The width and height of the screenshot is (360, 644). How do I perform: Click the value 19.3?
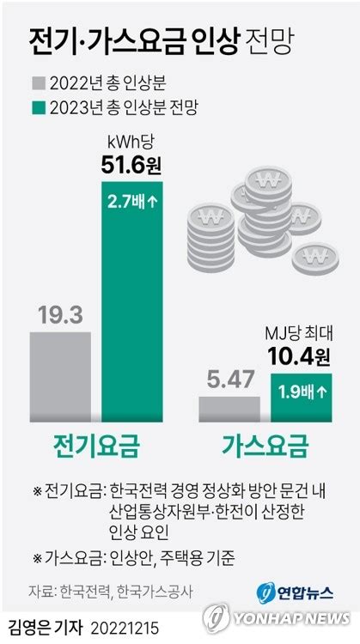coord(60,315)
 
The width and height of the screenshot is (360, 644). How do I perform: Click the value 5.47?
coord(229,380)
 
